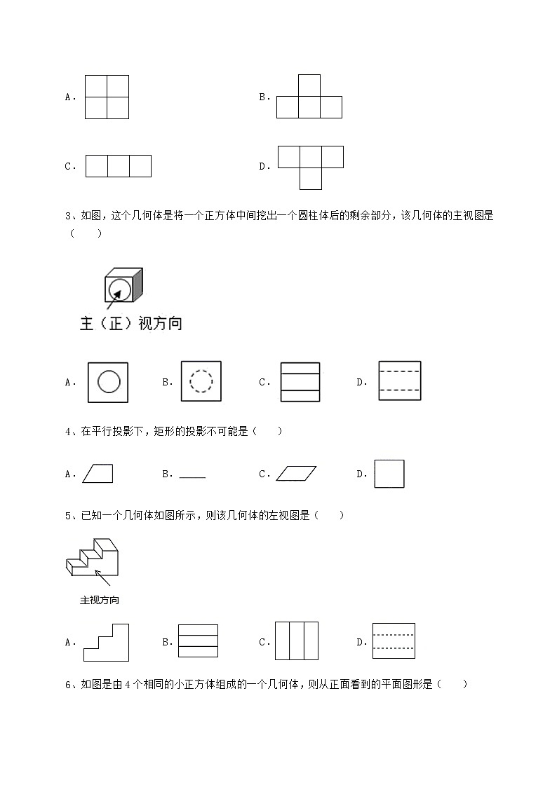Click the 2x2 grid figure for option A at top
107,97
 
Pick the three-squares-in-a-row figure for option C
118,166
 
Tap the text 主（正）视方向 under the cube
130,324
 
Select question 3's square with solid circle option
108,382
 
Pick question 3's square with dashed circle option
201,381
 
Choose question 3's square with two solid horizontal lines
300,382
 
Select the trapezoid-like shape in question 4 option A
98,474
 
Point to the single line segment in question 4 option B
192,477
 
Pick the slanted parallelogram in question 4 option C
296,474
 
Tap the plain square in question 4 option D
389,474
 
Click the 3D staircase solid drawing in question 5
92,557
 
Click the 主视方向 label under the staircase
100,601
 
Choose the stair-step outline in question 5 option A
107,642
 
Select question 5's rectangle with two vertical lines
296,641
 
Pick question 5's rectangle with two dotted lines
394,641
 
